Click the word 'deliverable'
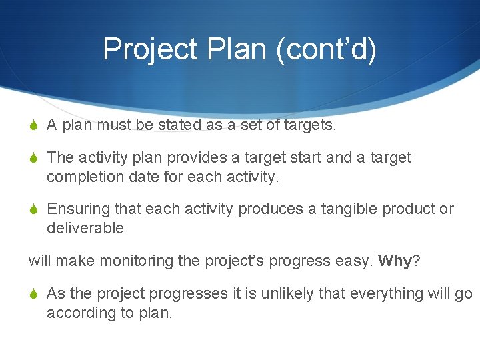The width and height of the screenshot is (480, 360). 85,228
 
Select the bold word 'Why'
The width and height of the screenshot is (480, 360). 395,261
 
